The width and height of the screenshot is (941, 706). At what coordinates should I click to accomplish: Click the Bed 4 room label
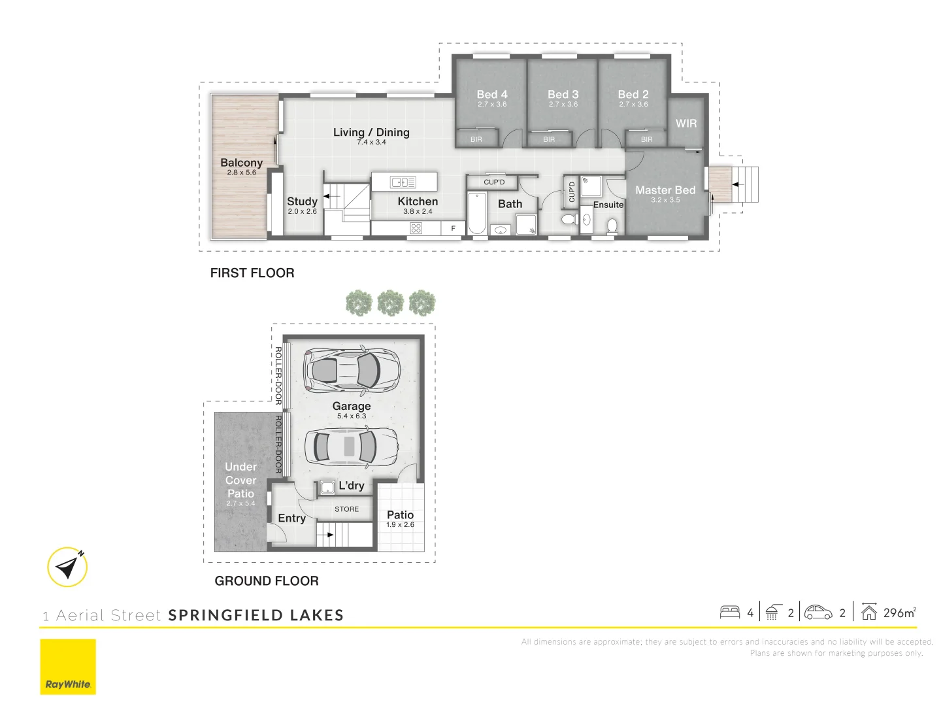click(491, 95)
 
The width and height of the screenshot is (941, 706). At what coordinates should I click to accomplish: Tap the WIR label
click(686, 124)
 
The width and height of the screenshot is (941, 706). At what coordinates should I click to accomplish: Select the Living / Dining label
click(371, 132)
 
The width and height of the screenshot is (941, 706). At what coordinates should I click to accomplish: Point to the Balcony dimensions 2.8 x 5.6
click(242, 173)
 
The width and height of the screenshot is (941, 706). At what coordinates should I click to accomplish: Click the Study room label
click(302, 201)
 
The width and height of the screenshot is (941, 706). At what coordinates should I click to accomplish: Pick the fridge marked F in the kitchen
click(453, 228)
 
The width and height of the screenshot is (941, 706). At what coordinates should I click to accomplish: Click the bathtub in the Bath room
click(476, 212)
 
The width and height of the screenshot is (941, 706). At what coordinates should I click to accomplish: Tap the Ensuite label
click(608, 205)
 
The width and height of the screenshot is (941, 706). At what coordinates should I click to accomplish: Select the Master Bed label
click(665, 190)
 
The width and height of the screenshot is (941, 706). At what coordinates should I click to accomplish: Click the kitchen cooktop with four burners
click(416, 228)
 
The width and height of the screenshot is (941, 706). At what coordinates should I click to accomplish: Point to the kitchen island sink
click(403, 182)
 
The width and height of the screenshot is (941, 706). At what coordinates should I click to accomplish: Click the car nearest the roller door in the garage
click(352, 369)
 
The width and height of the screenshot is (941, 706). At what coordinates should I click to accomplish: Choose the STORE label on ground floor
click(346, 509)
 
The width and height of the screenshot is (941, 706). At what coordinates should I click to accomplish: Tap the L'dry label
click(352, 486)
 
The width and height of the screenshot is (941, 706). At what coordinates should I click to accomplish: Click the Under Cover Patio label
click(240, 480)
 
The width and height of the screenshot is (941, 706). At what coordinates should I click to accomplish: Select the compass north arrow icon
click(67, 567)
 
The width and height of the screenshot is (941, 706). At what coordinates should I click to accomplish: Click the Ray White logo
click(68, 667)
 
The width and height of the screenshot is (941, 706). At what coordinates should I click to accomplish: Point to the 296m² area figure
click(899, 613)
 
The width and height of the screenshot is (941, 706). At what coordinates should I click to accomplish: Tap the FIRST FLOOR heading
click(252, 273)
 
